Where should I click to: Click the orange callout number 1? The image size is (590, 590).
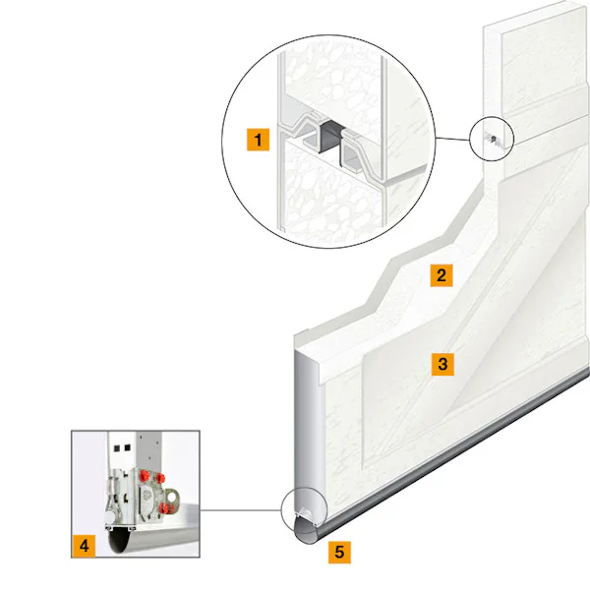point(258,140)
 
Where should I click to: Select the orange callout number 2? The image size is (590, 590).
point(442,275)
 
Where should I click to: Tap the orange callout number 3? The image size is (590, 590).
point(442,364)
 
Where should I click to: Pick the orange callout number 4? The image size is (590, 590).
point(84,545)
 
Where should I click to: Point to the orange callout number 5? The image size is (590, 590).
point(339,552)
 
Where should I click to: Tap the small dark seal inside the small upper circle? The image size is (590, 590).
point(493,139)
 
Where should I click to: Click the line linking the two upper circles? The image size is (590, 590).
point(453,139)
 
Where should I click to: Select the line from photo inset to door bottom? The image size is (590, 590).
point(241,510)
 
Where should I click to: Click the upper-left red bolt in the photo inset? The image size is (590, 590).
point(144,475)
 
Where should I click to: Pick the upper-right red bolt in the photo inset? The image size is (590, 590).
point(160,478)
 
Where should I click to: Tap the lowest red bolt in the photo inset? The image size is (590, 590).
point(164,508)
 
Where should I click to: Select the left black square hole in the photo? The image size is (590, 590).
point(117,448)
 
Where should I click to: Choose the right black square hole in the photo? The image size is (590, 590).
point(127,447)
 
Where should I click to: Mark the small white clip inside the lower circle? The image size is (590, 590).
point(304,512)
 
